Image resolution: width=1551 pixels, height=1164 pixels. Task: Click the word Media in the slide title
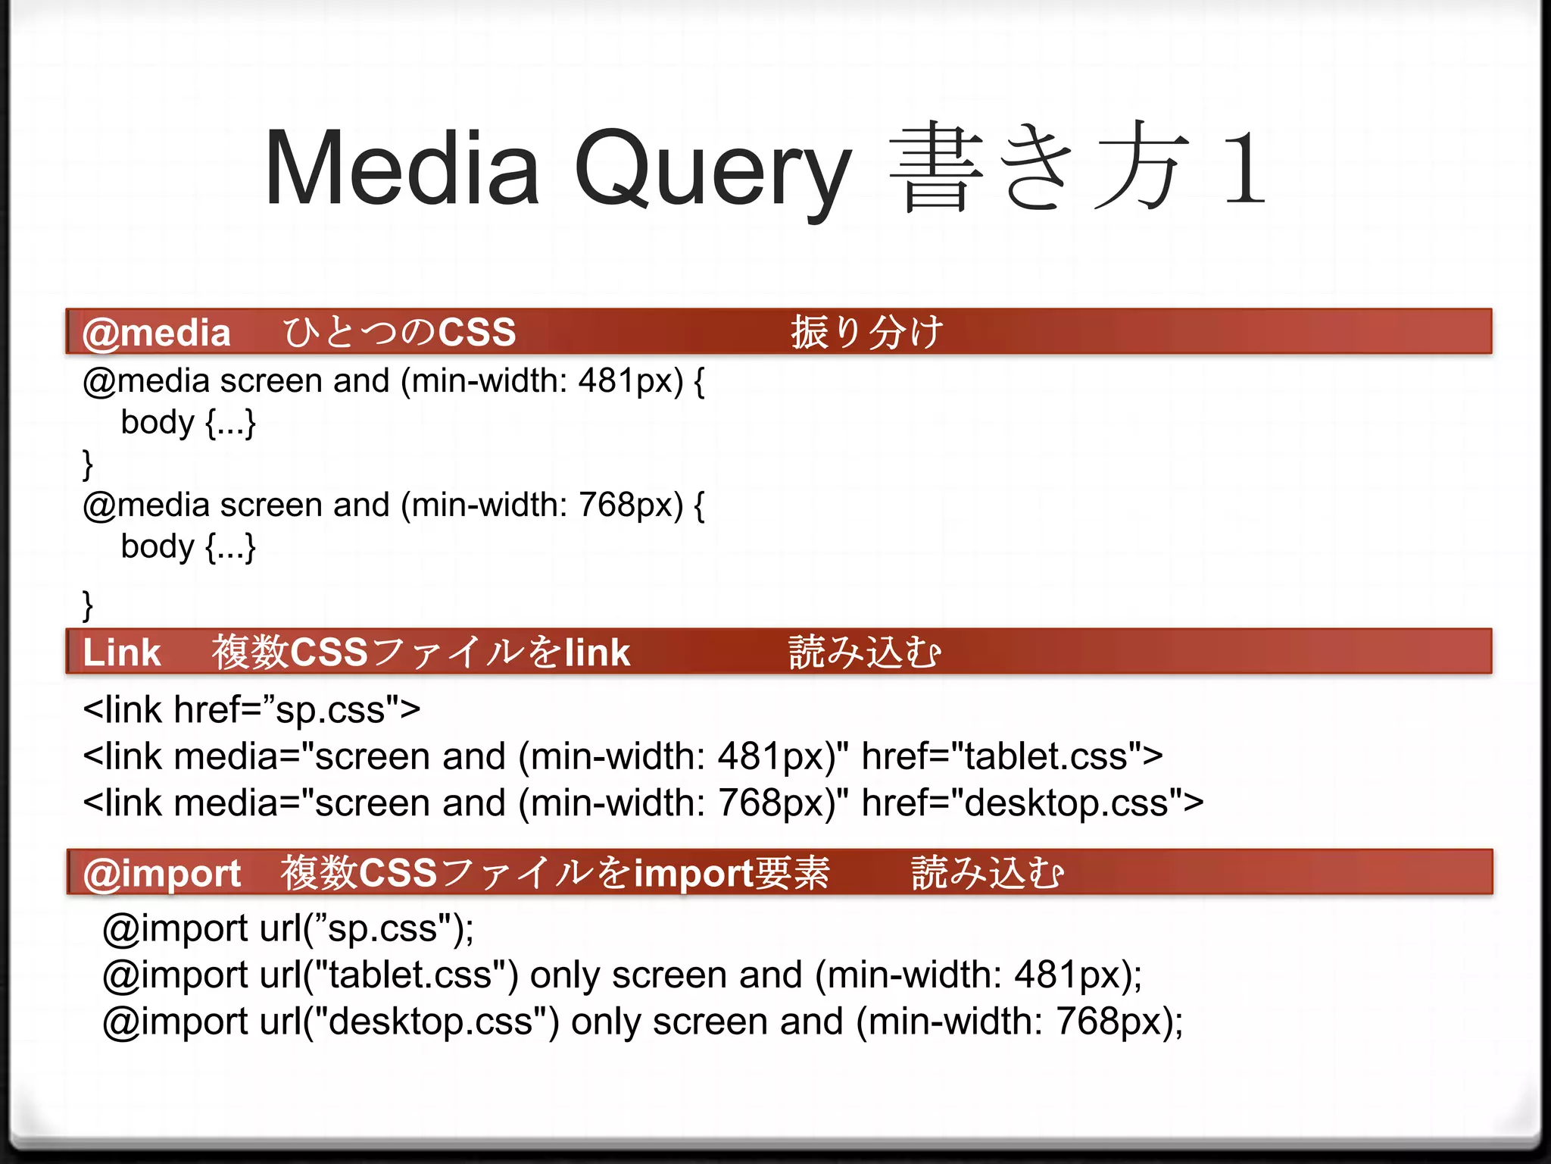pyautogui.click(x=402, y=168)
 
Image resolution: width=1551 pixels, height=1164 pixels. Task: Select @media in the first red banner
pyautogui.click(x=156, y=333)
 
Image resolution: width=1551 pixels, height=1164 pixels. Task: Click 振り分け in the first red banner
pyautogui.click(x=867, y=333)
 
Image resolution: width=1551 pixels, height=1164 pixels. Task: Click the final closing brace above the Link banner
pyautogui.click(x=88, y=605)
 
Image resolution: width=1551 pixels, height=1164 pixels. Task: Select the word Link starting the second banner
pyautogui.click(x=121, y=652)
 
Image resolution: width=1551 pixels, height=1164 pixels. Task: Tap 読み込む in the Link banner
pyautogui.click(x=865, y=652)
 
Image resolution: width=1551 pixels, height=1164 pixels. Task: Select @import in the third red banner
pyautogui.click(x=161, y=873)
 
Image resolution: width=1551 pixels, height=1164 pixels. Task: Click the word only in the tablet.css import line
pyautogui.click(x=564, y=975)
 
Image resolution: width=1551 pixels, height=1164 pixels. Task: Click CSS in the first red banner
pyautogui.click(x=477, y=333)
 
